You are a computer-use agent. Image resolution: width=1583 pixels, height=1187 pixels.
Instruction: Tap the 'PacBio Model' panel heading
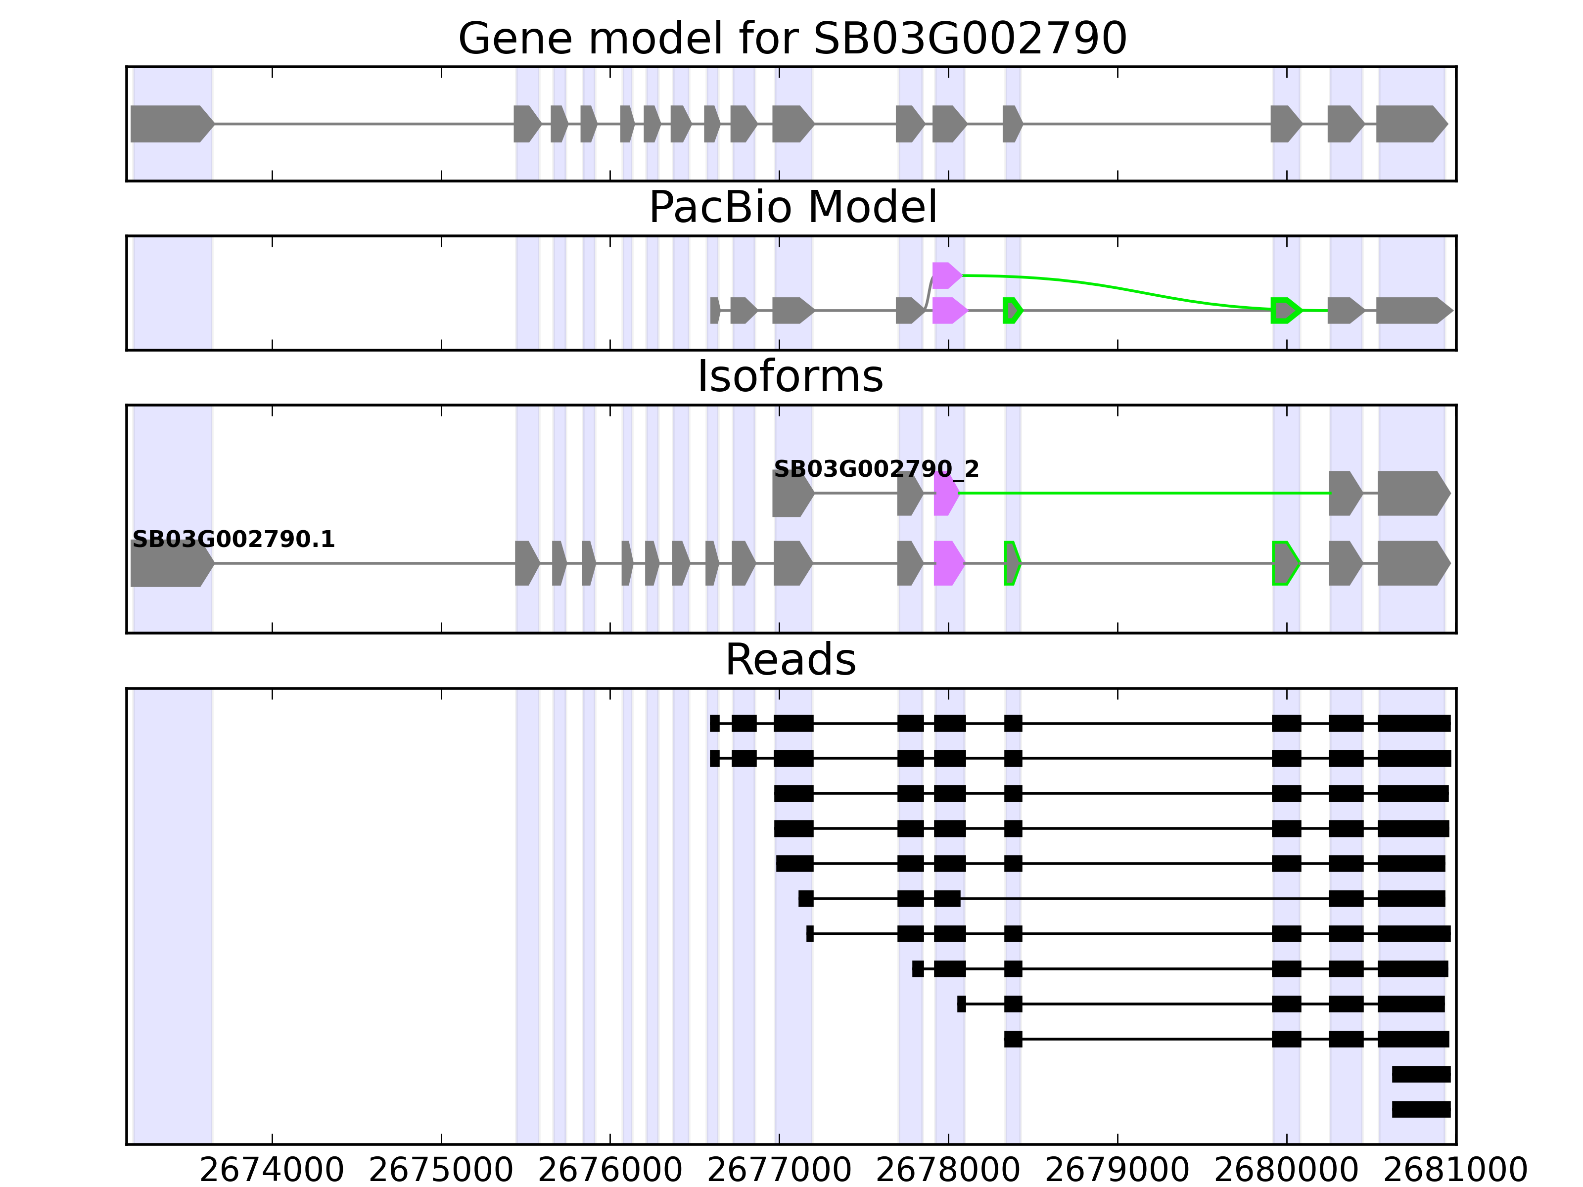tap(792, 208)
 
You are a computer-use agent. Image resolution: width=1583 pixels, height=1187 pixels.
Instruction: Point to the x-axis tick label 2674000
tap(272, 1170)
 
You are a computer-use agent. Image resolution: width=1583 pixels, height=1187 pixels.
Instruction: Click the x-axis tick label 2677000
tap(779, 1170)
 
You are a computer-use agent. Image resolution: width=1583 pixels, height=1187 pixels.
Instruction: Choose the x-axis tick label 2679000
tap(1117, 1170)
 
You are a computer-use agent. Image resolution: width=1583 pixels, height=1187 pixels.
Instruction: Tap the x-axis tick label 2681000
tap(1455, 1170)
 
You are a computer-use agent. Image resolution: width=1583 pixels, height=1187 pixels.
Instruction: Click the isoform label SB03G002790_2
tap(876, 469)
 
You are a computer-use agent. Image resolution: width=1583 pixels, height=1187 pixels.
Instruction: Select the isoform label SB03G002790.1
tap(233, 540)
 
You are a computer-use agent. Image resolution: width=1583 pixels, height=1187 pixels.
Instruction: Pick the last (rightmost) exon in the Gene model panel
tap(1410, 124)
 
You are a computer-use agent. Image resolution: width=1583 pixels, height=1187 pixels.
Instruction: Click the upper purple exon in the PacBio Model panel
tap(946, 275)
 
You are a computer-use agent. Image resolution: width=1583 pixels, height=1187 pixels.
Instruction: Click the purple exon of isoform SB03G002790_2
tap(945, 494)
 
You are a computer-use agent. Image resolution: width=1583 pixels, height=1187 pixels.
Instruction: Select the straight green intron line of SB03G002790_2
tap(1145, 494)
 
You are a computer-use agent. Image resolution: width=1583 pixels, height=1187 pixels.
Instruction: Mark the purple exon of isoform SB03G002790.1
tap(948, 563)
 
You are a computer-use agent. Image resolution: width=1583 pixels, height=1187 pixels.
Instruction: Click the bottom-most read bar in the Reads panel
tap(1421, 1109)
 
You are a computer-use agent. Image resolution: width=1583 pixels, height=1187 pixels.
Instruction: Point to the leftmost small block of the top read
tap(714, 724)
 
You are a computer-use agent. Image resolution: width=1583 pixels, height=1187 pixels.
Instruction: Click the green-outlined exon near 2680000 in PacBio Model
tap(1285, 311)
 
